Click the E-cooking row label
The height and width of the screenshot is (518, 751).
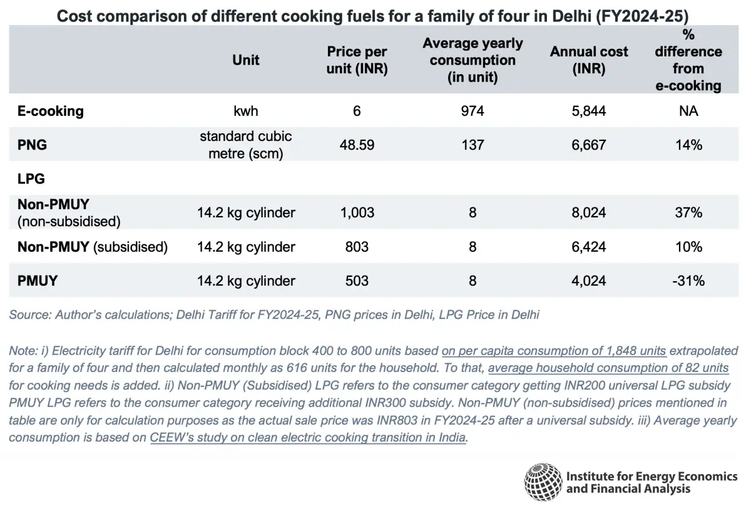click(51, 111)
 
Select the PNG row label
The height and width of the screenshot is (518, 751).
click(32, 145)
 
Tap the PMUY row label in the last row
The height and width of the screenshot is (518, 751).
click(38, 281)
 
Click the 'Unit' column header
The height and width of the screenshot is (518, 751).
click(246, 60)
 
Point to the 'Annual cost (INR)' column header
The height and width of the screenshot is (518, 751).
click(588, 60)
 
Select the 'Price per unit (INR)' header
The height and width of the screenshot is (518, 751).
click(357, 60)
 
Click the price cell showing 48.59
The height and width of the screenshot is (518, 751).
click(357, 145)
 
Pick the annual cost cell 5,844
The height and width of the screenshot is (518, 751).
click(588, 111)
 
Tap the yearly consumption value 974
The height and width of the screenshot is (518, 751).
click(473, 111)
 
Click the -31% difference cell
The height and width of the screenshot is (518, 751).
click(688, 281)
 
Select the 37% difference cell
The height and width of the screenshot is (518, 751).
click(688, 213)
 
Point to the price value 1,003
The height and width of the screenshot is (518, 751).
click(357, 213)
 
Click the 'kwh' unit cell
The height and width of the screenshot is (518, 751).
click(246, 111)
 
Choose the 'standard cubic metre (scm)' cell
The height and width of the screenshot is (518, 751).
click(246, 145)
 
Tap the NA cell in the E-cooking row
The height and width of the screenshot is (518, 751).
click(688, 111)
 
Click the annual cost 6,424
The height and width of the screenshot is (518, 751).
click(588, 247)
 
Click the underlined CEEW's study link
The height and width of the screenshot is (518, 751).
click(308, 438)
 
